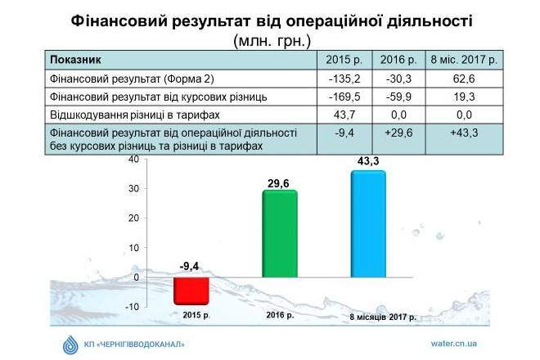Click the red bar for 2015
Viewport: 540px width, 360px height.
tap(191, 290)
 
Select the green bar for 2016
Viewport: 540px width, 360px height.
tap(280, 233)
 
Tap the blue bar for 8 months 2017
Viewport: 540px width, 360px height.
tap(368, 224)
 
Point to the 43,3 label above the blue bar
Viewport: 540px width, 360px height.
tap(368, 161)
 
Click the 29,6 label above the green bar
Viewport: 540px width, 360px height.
tap(278, 183)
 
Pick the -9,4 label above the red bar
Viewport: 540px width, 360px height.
tap(189, 266)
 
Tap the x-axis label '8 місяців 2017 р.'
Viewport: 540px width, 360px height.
tap(383, 317)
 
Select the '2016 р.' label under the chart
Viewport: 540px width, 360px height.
tap(280, 315)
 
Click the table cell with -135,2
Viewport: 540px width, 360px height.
tap(344, 79)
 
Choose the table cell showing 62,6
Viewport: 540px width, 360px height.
tap(464, 79)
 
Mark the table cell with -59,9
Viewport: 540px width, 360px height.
tap(398, 97)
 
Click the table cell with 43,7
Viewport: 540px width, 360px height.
tap(344, 115)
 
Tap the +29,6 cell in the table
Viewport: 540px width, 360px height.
tap(398, 139)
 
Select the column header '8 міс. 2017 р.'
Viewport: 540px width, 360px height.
tap(464, 60)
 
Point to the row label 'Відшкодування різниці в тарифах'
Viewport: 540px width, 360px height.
tap(135, 115)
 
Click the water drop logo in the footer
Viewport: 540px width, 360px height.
tap(70, 344)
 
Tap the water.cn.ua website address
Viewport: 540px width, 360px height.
tap(453, 344)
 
